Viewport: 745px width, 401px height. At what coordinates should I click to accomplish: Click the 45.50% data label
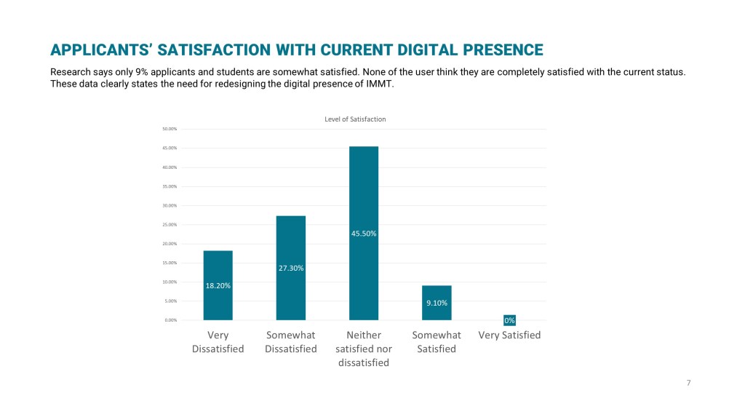[x=364, y=234]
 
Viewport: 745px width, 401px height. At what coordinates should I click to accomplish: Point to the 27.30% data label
[x=291, y=268]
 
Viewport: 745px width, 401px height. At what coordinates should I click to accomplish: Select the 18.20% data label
[x=218, y=286]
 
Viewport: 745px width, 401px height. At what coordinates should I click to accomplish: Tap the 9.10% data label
[x=437, y=303]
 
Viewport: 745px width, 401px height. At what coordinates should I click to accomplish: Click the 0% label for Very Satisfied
[x=509, y=320]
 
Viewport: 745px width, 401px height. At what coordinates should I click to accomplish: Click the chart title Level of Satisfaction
[x=355, y=119]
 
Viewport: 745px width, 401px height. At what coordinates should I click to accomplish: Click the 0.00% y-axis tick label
[x=170, y=320]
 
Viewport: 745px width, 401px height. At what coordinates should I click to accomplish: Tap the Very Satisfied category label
[x=509, y=336]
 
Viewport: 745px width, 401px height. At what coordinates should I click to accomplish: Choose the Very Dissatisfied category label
[x=218, y=342]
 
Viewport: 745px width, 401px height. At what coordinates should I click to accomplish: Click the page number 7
[x=688, y=383]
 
